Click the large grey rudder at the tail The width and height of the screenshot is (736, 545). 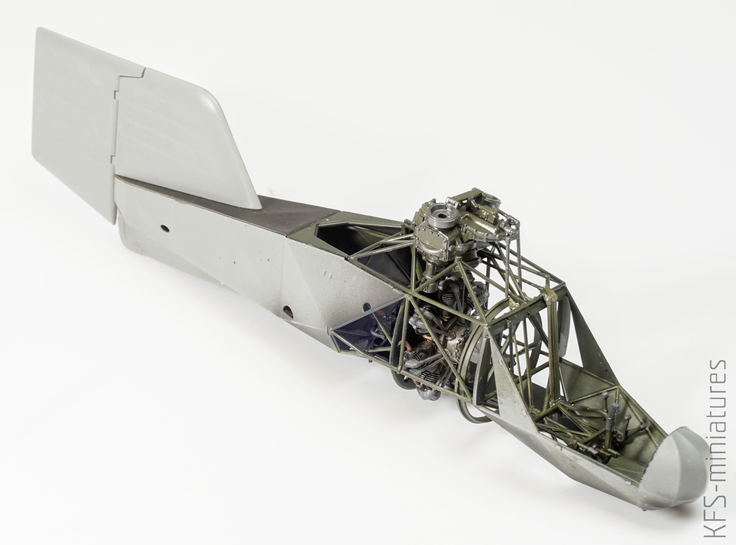coord(74,119)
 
